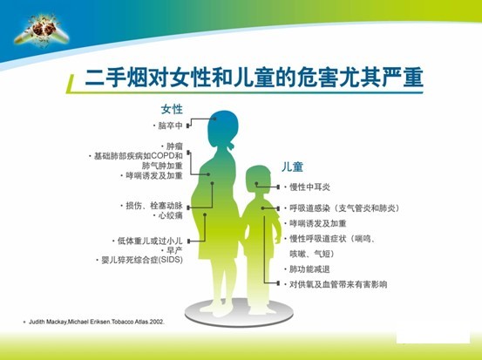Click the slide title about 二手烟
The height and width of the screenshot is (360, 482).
pyautogui.click(x=254, y=77)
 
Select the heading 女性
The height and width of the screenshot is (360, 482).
pyautogui.click(x=172, y=110)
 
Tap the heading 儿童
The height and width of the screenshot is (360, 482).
pyautogui.click(x=292, y=167)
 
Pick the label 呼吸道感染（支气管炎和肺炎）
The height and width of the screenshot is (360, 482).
pyautogui.click(x=343, y=208)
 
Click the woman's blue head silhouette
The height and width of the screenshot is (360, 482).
pyautogui.click(x=223, y=129)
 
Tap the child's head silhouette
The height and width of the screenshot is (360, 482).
pyautogui.click(x=258, y=180)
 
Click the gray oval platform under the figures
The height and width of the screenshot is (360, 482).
pyautogui.click(x=239, y=313)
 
